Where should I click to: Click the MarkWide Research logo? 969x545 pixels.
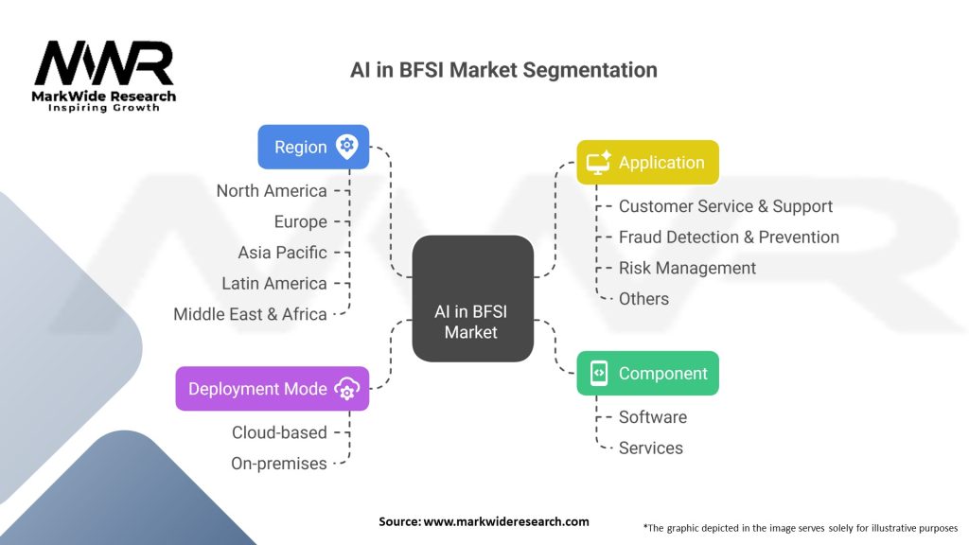[104, 76]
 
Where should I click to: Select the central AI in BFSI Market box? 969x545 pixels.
[472, 299]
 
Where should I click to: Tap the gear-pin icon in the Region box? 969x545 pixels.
[347, 147]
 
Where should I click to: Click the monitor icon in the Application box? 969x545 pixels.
[599, 163]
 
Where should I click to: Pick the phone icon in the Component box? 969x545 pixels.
[598, 374]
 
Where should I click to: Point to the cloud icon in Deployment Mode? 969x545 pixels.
[347, 389]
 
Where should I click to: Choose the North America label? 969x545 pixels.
[272, 191]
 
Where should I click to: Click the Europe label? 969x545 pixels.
[301, 221]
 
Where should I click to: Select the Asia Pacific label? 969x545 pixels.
[282, 253]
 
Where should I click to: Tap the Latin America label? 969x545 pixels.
[274, 283]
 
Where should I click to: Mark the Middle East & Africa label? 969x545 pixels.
[250, 314]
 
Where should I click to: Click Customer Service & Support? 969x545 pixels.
[726, 206]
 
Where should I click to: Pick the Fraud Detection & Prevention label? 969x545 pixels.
[729, 237]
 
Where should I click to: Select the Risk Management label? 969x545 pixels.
[687, 268]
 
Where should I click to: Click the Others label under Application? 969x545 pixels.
[643, 299]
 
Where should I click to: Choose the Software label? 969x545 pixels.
[653, 417]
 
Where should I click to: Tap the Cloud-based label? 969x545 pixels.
[279, 432]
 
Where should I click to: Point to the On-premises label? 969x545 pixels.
[279, 464]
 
